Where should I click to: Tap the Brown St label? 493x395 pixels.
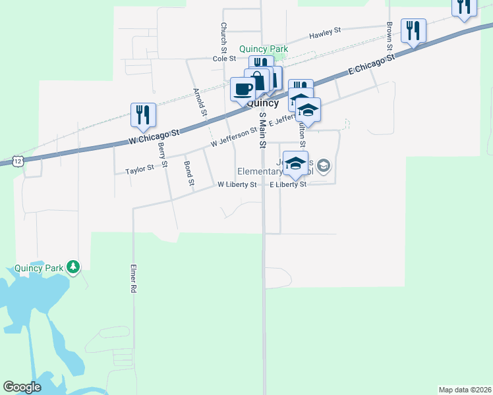390,37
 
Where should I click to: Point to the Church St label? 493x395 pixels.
223,38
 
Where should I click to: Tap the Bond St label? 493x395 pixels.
189,172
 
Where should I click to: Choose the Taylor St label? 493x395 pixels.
139,170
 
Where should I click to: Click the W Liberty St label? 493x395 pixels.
237,185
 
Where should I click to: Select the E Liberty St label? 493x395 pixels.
289,185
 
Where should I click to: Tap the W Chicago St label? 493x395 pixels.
154,137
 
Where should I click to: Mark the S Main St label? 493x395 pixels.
262,130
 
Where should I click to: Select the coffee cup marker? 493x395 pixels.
243,89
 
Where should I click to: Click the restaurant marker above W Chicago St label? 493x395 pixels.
142,115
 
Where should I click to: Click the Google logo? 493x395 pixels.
22,387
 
